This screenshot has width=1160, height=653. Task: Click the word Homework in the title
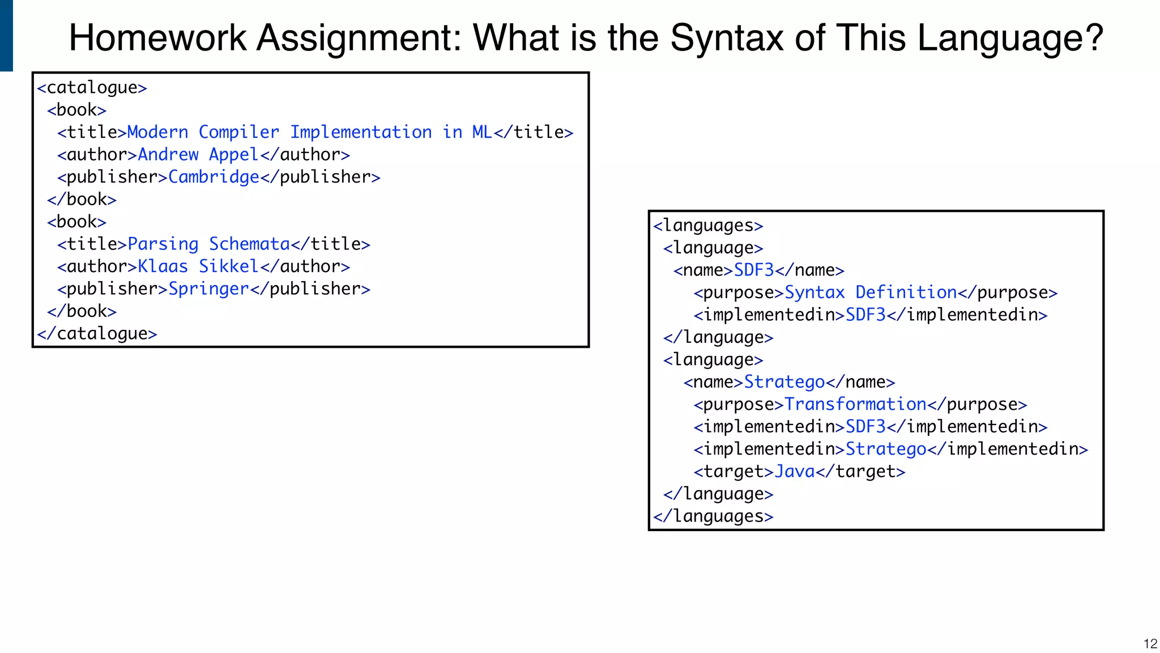tap(158, 39)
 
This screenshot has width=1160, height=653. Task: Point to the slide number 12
tap(1150, 643)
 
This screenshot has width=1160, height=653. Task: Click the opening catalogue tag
tap(92, 88)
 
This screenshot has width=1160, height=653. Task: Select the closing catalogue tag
tap(97, 333)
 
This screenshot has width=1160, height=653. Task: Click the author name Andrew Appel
tap(198, 155)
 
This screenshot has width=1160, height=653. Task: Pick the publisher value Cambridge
tap(214, 177)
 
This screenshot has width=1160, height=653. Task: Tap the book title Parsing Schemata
tap(208, 244)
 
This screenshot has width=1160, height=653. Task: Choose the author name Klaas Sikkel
tap(198, 266)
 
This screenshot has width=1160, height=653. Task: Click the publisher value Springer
tap(208, 289)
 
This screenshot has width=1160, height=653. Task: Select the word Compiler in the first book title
tap(238, 133)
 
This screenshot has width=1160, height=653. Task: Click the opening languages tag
tap(708, 226)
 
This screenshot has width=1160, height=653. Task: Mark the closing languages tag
tap(713, 516)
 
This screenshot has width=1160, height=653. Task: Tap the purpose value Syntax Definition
tap(871, 292)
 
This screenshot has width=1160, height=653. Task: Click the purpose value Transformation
tap(855, 405)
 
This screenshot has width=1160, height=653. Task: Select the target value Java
tap(795, 472)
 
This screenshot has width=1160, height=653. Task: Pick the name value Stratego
tap(784, 382)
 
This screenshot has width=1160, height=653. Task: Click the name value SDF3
tap(754, 270)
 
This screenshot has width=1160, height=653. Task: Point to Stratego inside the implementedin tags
tap(886, 449)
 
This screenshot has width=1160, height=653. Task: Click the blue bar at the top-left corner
tap(6, 35)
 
